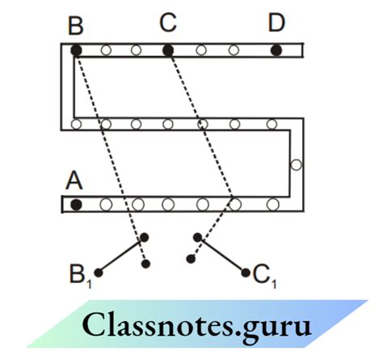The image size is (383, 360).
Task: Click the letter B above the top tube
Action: point(76,26)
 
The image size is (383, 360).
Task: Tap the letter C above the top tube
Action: point(167,23)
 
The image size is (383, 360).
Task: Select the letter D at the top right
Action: point(276,23)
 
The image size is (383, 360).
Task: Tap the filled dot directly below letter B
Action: point(76,50)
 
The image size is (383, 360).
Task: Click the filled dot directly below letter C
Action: point(167,50)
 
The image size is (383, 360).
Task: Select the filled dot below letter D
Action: point(276,50)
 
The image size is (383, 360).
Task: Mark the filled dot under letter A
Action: point(76,204)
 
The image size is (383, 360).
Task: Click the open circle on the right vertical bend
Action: point(296,165)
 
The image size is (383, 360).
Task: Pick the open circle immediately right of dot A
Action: point(106,204)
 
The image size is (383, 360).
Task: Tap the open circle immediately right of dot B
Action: point(105,50)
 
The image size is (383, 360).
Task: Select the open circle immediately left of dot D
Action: point(234,50)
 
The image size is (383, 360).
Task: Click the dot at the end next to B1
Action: point(98,273)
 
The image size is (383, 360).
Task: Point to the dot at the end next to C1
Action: point(246,273)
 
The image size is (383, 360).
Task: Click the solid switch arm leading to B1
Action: point(121,255)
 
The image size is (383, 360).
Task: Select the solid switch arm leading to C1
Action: point(221,255)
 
